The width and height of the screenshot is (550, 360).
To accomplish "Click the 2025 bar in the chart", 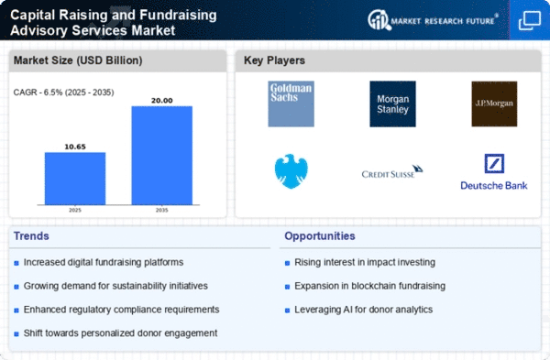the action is click(75, 179).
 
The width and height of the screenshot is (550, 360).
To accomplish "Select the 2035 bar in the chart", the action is click(162, 156).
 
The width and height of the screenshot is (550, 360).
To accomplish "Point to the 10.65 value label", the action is click(75, 147).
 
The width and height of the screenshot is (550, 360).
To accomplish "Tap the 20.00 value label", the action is click(162, 101).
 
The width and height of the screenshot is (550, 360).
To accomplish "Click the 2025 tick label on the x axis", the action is click(75, 210).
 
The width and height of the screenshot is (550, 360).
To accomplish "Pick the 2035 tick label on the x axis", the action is click(162, 210).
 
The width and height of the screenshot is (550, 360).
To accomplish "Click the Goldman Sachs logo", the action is click(291, 104).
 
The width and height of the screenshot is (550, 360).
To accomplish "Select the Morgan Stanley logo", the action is click(393, 104).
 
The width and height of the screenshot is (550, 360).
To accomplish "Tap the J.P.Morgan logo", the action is click(494, 104).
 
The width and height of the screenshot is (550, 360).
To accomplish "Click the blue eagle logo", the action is click(291, 171).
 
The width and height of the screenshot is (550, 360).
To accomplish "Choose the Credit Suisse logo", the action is click(392, 171).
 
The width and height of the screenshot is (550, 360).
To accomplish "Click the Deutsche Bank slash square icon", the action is click(494, 164).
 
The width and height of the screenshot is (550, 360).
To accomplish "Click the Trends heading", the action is click(31, 236).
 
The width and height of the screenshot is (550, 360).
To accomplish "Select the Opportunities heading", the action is click(320, 236).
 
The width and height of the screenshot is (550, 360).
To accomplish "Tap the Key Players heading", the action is click(274, 60).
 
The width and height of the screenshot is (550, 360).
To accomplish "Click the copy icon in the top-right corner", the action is click(530, 21).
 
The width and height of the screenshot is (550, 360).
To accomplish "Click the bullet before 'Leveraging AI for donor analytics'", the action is click(287, 311).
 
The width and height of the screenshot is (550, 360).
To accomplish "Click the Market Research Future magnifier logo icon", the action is click(379, 20).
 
